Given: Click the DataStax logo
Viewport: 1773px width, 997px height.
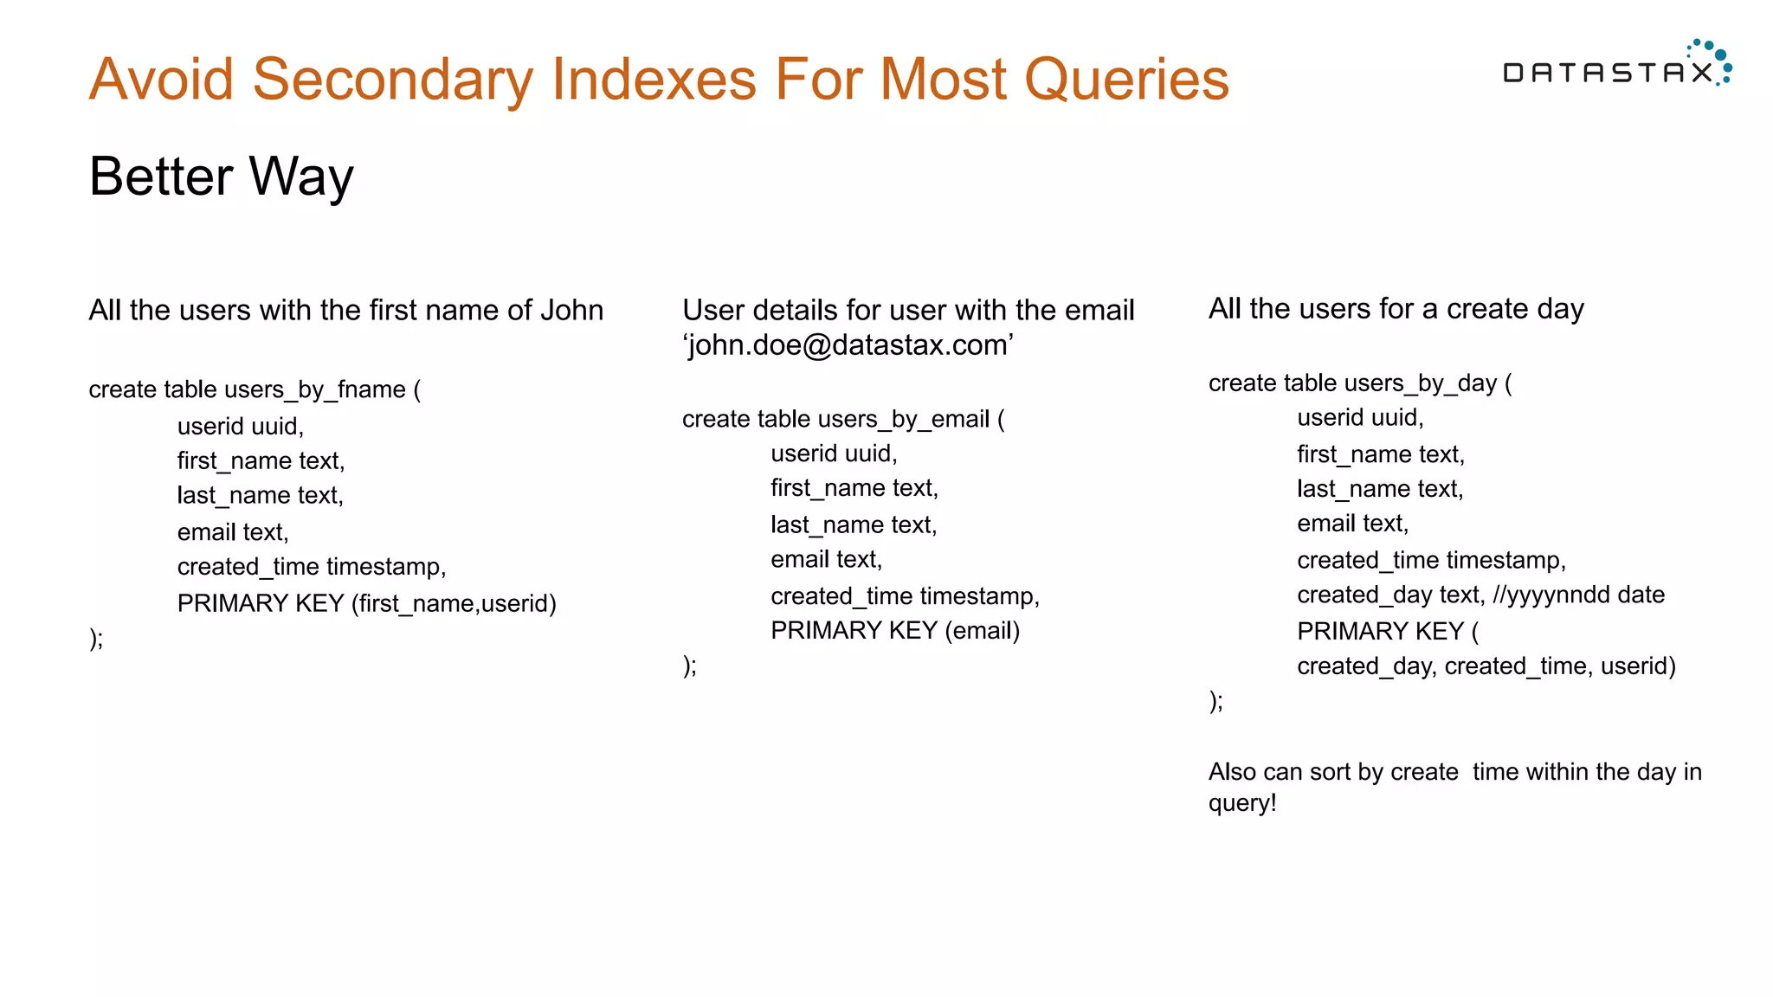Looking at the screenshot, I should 1615,68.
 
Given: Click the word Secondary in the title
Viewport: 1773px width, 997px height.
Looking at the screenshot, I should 390,80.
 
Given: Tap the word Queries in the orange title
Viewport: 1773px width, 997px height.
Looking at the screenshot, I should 1126,80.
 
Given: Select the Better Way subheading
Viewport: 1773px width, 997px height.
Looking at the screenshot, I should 222,177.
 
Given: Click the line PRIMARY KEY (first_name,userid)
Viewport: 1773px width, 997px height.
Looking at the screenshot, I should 366,603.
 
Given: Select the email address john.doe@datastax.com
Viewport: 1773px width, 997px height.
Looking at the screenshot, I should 848,345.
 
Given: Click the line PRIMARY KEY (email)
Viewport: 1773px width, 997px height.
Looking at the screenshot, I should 895,631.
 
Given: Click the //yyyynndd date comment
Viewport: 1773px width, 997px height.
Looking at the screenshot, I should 1578,595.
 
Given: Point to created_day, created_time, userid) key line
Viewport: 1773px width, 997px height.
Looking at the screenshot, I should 1486,666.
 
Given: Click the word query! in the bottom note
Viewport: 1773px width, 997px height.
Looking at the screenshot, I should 1242,803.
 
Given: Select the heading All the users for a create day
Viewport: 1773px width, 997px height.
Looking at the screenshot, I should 1396,308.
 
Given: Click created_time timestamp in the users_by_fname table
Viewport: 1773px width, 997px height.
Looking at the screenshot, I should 312,567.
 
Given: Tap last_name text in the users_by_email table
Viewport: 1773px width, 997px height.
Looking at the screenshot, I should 854,524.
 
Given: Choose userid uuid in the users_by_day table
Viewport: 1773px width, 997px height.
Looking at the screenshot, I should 1360,418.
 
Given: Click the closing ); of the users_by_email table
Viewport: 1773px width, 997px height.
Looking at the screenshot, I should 689,666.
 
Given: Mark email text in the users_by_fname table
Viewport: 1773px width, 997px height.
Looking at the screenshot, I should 233,532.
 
